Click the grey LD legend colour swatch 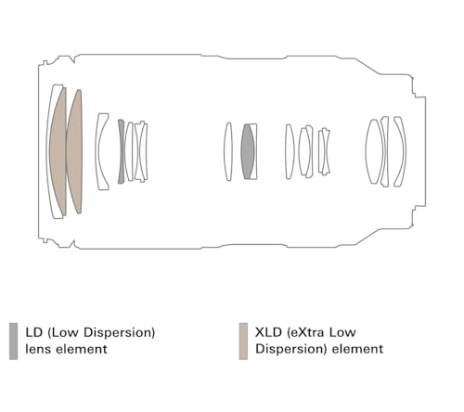pos(13,341)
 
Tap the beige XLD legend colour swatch pos(243,341)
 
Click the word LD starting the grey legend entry pos(34,332)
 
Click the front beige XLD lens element pos(58,151)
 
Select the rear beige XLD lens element pos(74,151)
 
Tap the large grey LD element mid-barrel pos(248,151)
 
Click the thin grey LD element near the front pos(121,151)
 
